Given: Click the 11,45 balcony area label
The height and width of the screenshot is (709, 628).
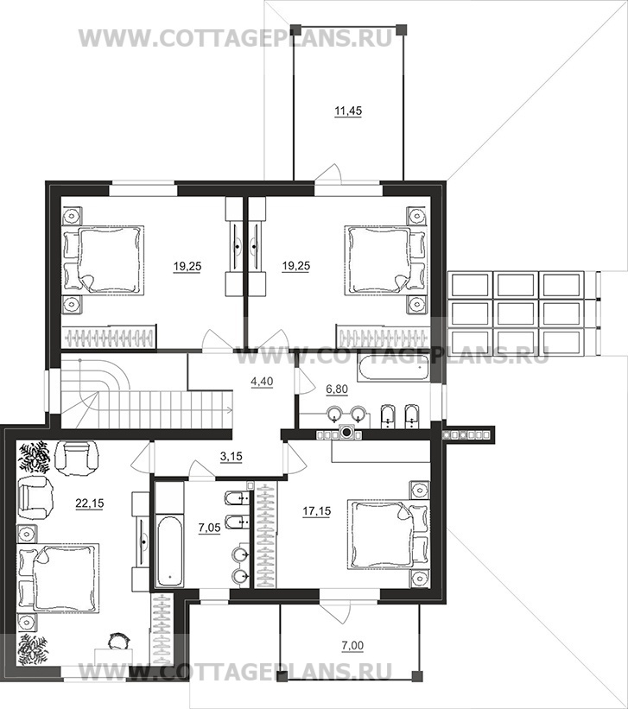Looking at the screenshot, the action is pyautogui.click(x=348, y=111).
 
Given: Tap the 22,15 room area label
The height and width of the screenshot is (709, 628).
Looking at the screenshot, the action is pyautogui.click(x=90, y=503).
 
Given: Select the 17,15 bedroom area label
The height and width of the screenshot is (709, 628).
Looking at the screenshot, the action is pyautogui.click(x=317, y=511).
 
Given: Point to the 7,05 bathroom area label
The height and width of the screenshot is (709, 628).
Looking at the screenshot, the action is pyautogui.click(x=210, y=528).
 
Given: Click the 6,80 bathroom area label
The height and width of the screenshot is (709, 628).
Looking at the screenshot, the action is pyautogui.click(x=337, y=389).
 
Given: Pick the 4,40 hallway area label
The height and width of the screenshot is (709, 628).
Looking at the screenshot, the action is pyautogui.click(x=262, y=382).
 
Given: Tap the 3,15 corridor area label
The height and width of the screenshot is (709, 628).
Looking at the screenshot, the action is pyautogui.click(x=232, y=457).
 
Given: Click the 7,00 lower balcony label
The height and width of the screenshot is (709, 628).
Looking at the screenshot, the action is pyautogui.click(x=352, y=646).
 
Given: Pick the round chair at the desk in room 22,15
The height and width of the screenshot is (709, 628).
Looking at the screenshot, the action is pyautogui.click(x=119, y=641).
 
